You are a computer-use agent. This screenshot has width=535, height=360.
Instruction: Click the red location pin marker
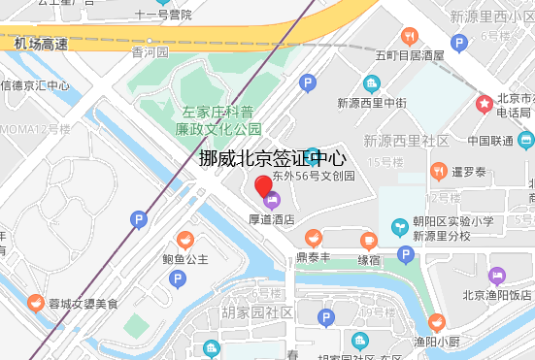coord(263,187)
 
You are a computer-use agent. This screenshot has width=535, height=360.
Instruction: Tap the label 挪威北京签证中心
coord(273,158)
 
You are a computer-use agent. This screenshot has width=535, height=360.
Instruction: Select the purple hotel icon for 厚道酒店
coord(271,201)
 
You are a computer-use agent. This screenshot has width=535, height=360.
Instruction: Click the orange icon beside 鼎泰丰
coord(313,238)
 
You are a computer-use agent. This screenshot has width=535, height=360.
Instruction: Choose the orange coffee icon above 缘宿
coord(368,241)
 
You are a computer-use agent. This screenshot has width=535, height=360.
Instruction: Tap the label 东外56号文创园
coord(314,178)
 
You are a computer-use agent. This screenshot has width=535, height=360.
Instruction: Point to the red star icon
coord(484,103)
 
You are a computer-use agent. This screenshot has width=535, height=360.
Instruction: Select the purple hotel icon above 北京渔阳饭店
coord(497,276)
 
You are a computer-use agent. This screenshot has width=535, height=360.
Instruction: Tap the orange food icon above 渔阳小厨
coord(437,321)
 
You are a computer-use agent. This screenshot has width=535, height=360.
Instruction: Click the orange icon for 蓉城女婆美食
coord(36,303)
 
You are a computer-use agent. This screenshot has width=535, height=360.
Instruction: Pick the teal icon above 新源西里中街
coord(371,83)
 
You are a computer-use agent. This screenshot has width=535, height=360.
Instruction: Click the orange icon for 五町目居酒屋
coord(410,37)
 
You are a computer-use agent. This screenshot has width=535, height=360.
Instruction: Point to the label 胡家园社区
coord(257,311)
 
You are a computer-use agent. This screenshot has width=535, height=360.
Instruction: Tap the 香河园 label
coord(150,51)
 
